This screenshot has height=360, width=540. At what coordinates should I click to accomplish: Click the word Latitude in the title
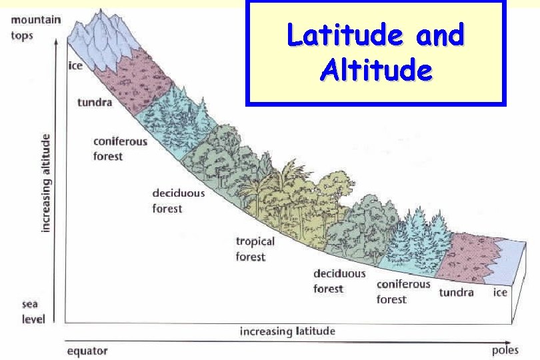345,35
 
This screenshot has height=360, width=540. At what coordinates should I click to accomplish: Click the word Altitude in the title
375,69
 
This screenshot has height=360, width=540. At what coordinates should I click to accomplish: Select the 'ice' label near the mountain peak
75,66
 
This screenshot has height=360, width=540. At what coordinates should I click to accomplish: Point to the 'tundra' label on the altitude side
95,103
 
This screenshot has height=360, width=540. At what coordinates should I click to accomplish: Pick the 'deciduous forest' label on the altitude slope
178,200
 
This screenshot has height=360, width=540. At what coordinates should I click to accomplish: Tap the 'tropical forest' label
255,249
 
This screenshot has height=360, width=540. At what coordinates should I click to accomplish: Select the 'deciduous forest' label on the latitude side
339,281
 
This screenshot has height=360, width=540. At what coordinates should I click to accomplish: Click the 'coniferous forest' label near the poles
403,291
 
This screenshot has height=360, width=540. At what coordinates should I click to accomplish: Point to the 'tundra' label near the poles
456,293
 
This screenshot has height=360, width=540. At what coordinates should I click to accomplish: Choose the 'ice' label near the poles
500,293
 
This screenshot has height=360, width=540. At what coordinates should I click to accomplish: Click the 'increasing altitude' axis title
46,182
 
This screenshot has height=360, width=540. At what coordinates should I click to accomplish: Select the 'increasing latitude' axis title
287,331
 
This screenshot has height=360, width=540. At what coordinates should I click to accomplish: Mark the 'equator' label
87,351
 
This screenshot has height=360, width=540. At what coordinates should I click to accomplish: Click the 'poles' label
505,350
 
